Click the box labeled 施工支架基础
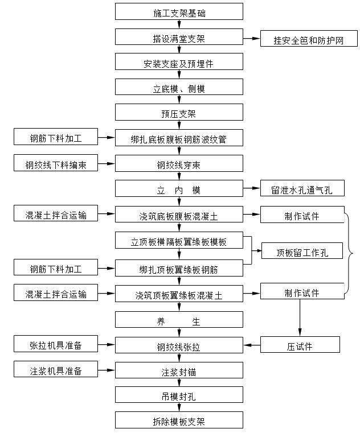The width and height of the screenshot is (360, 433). point(179,11)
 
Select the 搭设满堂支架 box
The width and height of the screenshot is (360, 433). point(179,38)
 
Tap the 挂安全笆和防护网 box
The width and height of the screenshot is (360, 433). point(309,39)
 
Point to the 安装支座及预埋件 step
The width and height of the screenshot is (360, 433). point(179,62)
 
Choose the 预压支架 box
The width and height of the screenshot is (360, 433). point(179,112)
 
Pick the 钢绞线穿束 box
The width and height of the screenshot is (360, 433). point(179,164)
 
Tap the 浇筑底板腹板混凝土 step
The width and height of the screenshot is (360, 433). point(179,215)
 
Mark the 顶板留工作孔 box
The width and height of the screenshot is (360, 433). point(302,251)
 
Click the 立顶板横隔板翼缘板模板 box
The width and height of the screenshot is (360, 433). point(179,241)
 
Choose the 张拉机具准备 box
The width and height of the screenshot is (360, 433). point(56,344)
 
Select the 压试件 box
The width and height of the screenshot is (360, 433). point(300,345)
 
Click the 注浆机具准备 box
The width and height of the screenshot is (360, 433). point(56,370)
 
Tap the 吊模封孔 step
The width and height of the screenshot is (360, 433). point(179,395)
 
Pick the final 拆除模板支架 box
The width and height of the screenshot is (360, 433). point(179,420)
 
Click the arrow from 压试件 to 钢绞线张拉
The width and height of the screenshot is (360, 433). point(252,345)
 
